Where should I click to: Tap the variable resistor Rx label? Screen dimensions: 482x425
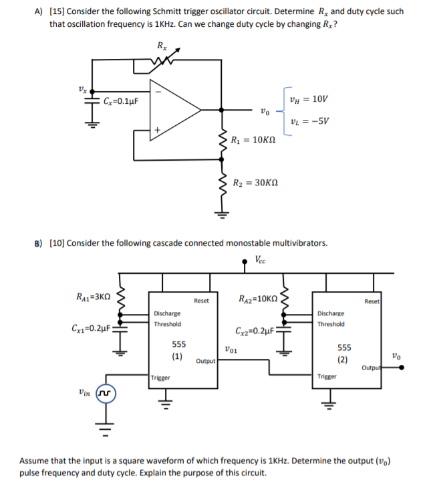[x=162, y=46]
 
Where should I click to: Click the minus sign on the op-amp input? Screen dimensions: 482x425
[x=157, y=92]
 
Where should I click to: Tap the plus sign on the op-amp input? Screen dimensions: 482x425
[x=157, y=132]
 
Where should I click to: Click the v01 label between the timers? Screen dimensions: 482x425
[x=230, y=348]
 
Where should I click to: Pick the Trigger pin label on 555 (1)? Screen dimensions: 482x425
[x=160, y=378]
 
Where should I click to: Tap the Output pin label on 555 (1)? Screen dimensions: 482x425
[x=206, y=361]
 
